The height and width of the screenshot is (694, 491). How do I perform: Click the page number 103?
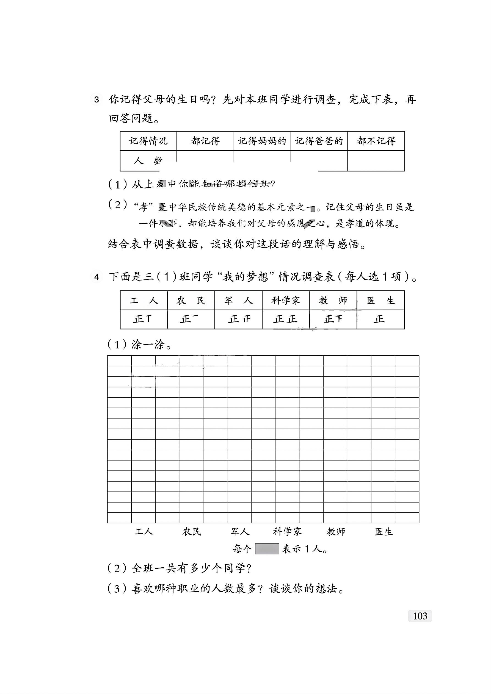(x=420, y=616)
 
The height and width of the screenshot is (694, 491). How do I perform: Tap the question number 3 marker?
(x=96, y=99)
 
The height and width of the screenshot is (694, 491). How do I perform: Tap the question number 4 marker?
(x=96, y=277)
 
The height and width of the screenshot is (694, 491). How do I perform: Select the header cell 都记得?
(x=205, y=141)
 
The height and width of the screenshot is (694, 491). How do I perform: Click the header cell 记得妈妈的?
(x=262, y=141)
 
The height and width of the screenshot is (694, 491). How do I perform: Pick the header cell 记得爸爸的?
(x=319, y=141)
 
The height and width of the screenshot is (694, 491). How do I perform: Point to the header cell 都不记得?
(x=376, y=141)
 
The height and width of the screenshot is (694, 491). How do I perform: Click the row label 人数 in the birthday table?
(x=148, y=160)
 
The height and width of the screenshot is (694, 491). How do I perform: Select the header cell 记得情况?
(x=148, y=141)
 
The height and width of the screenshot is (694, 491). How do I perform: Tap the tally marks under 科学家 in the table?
(x=285, y=319)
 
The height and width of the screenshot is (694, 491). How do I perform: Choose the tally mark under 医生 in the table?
(x=379, y=319)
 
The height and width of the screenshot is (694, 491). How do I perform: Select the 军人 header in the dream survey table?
(x=238, y=301)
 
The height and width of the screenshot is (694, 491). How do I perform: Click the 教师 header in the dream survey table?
(x=333, y=301)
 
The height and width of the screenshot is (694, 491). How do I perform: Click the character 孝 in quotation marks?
(x=144, y=207)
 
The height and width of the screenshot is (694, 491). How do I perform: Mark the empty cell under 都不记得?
(x=376, y=160)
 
